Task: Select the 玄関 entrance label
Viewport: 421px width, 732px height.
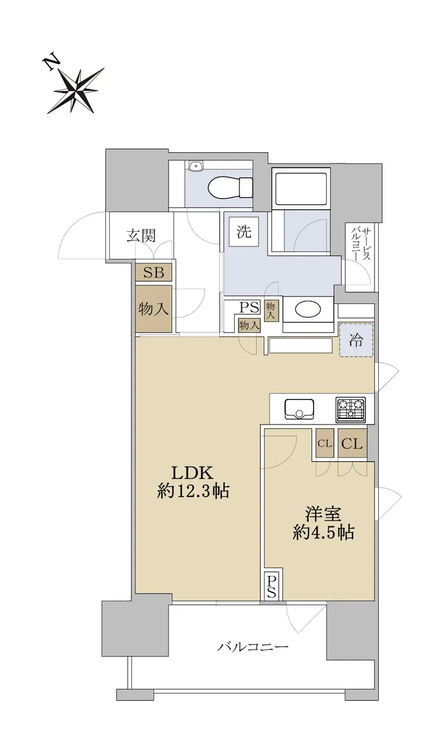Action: point(141,235)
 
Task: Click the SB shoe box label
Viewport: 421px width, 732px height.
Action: point(154,272)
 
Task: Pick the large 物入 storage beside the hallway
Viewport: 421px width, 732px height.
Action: point(154,309)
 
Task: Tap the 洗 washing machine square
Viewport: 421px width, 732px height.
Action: point(244,232)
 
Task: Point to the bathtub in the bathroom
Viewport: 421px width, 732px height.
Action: point(301,188)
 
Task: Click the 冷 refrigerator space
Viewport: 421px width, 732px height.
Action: point(356,340)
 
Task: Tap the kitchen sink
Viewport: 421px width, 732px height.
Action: point(299,409)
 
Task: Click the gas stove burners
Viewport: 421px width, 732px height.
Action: point(350,408)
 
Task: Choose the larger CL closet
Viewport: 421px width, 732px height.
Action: point(353,443)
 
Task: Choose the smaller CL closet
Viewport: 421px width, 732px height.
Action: point(325,443)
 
